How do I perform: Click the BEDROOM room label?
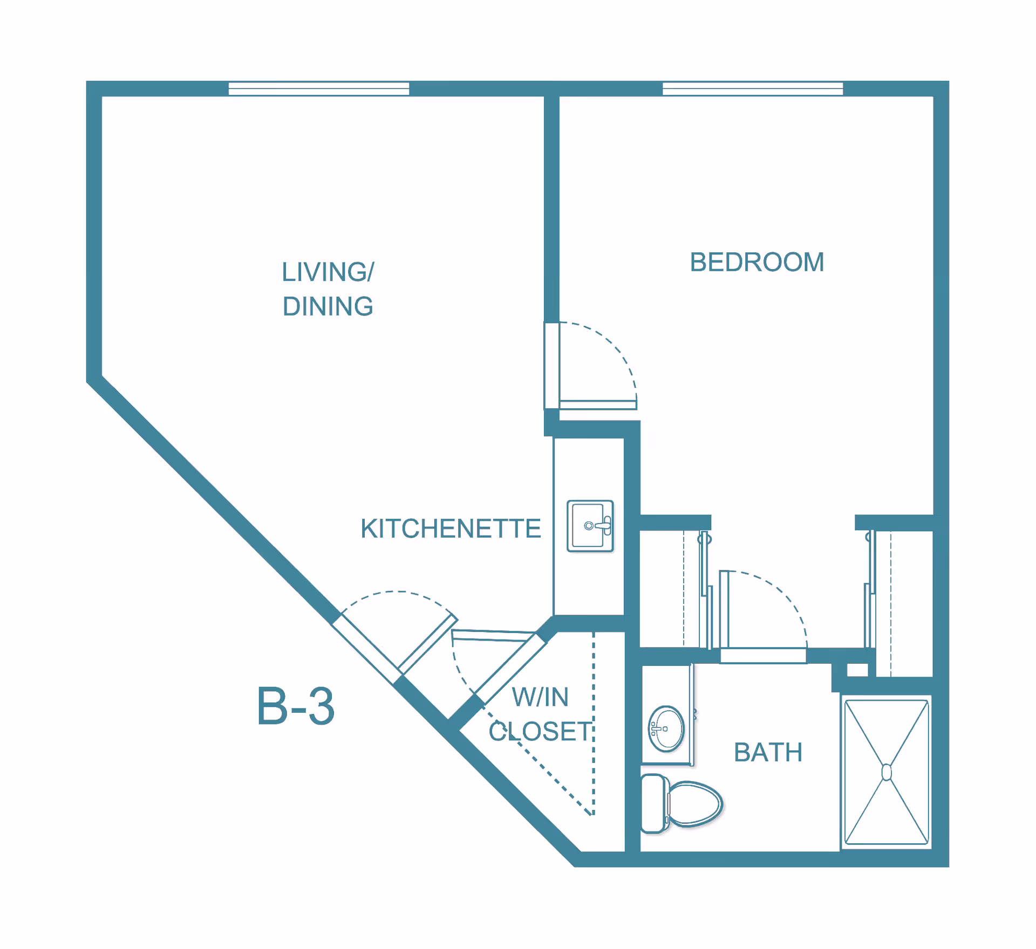[756, 263]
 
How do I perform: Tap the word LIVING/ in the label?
[328, 272]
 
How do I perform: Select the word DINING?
[328, 306]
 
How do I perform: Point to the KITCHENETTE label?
[451, 528]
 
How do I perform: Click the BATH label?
[768, 752]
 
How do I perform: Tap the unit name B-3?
[296, 706]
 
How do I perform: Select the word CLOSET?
[540, 732]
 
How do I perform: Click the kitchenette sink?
[590, 526]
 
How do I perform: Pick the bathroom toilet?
[681, 804]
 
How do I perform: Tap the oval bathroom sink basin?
[666, 729]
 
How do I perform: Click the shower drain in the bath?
[887, 772]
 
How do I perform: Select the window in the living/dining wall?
[319, 88]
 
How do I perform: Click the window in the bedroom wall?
[753, 88]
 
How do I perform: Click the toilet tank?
[655, 804]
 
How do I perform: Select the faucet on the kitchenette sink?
[600, 525]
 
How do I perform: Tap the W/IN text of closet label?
[540, 697]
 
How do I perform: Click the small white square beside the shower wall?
[857, 670]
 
